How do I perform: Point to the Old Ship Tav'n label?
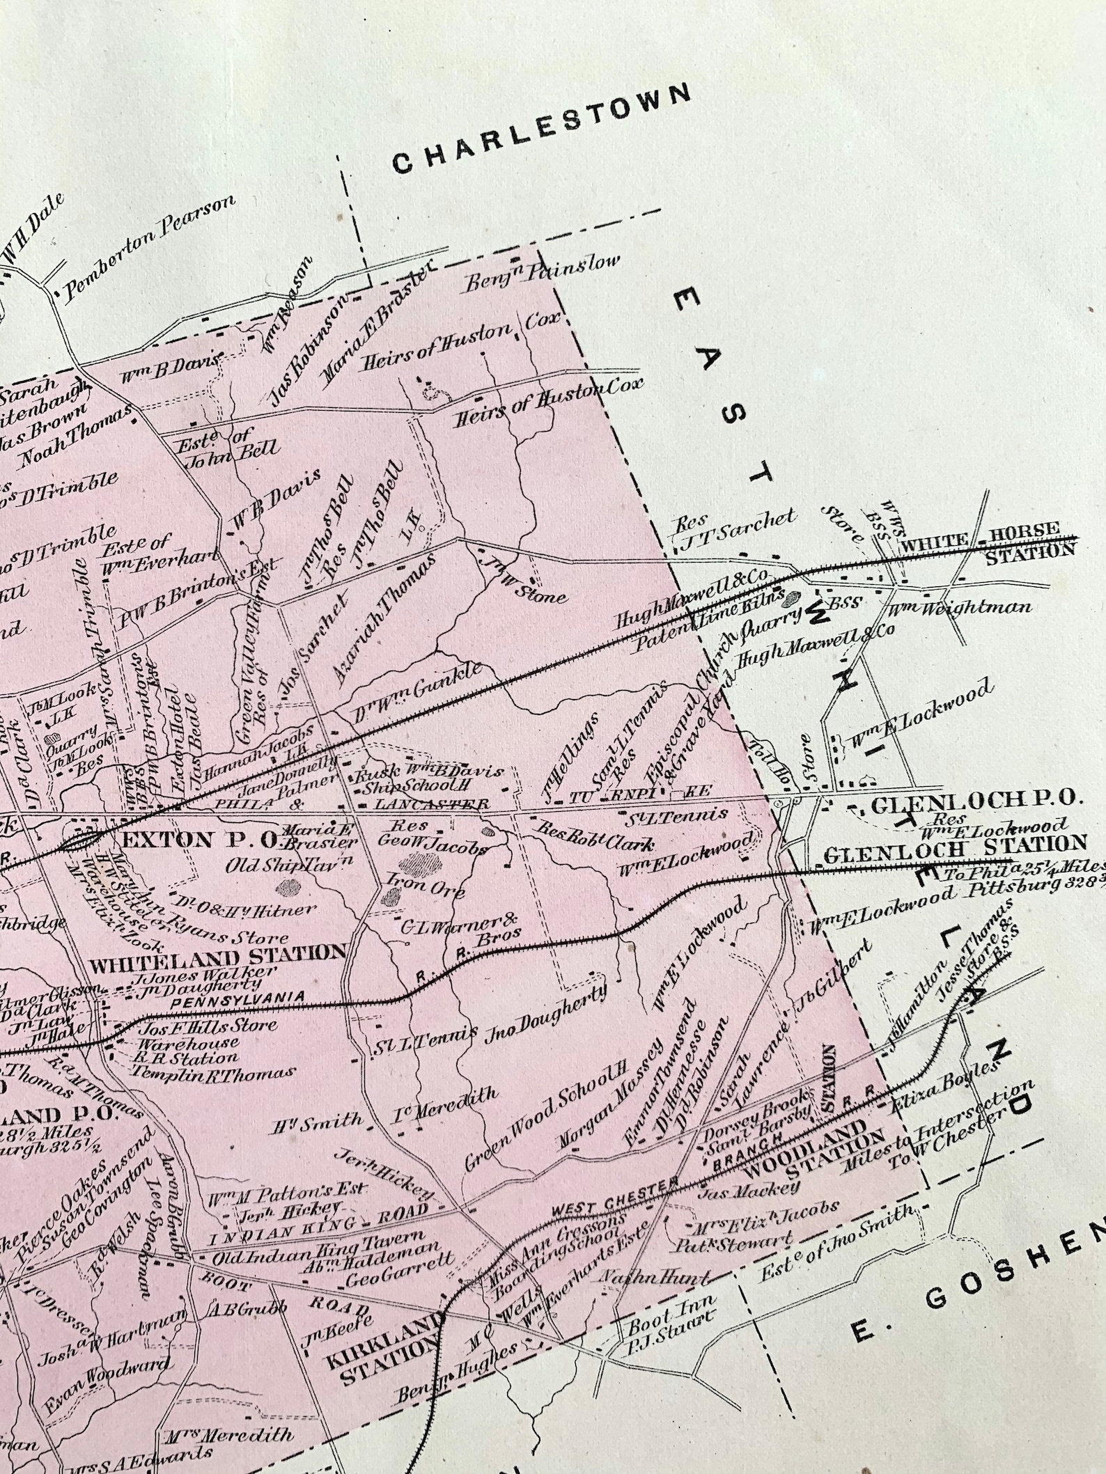(281, 865)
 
